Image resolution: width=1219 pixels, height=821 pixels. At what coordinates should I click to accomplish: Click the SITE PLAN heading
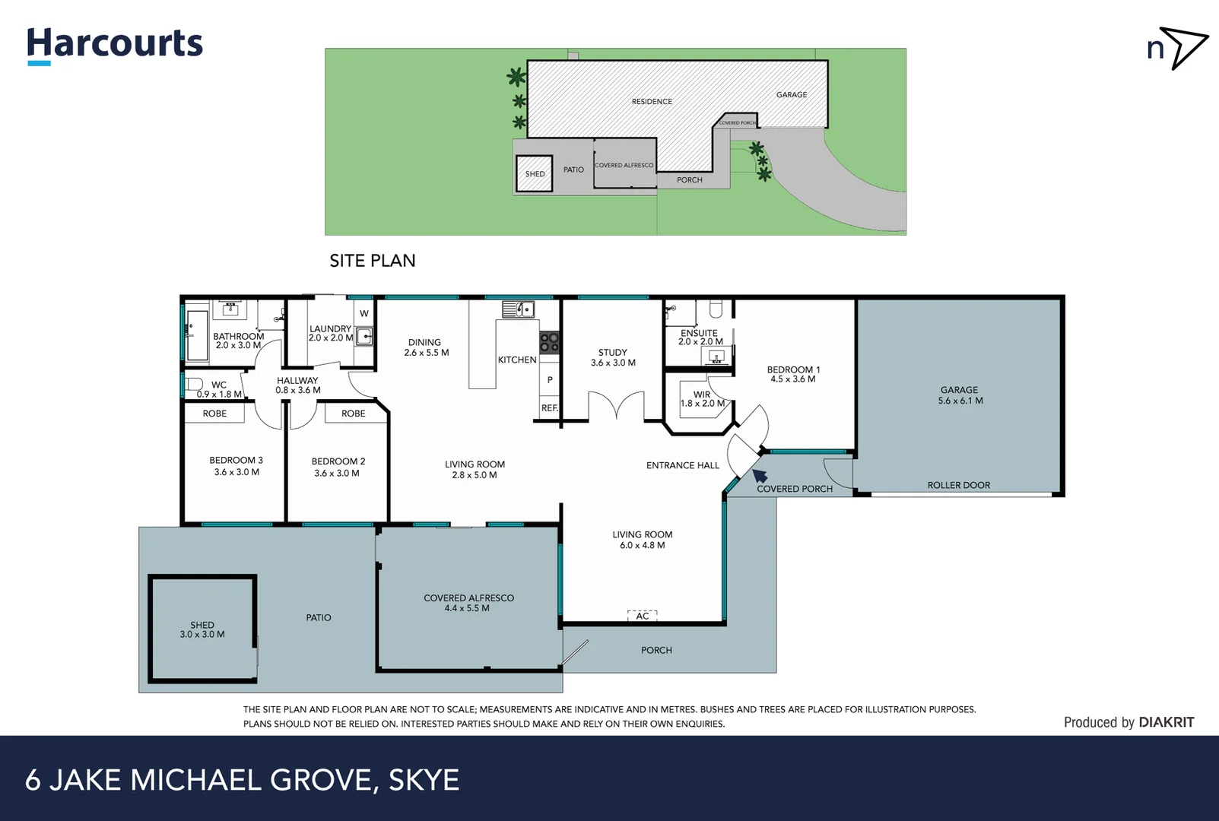(372, 261)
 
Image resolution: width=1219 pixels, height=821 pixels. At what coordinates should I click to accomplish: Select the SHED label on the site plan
(535, 174)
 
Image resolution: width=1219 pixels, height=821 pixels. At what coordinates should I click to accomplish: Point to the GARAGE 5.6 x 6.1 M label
(960, 395)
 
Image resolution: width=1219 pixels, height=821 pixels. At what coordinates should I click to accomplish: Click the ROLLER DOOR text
(958, 485)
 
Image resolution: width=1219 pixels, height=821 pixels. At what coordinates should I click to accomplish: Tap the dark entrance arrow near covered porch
(760, 477)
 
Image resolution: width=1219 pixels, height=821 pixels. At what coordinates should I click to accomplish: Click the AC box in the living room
(643, 616)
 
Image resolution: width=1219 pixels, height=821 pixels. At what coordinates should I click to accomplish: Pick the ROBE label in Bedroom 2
(353, 414)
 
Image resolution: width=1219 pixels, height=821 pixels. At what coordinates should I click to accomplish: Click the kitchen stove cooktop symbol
(549, 342)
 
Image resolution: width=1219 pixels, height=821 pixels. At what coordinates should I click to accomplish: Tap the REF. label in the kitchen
(549, 408)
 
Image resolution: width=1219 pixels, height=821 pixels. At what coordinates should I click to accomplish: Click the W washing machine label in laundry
(364, 313)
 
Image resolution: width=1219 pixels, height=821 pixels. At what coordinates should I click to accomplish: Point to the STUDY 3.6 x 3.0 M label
(613, 357)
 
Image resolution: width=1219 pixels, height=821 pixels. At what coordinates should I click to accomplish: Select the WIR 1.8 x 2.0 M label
(701, 399)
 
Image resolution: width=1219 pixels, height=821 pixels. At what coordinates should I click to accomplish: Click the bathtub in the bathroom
(197, 334)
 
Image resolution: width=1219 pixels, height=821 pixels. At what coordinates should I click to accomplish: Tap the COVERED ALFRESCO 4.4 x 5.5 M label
(468, 603)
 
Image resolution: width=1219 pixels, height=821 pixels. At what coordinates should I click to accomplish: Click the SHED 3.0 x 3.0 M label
(202, 629)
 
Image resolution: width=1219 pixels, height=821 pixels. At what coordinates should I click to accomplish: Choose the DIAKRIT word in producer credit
(1166, 722)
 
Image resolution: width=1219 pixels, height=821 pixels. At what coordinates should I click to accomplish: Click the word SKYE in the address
(424, 780)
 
